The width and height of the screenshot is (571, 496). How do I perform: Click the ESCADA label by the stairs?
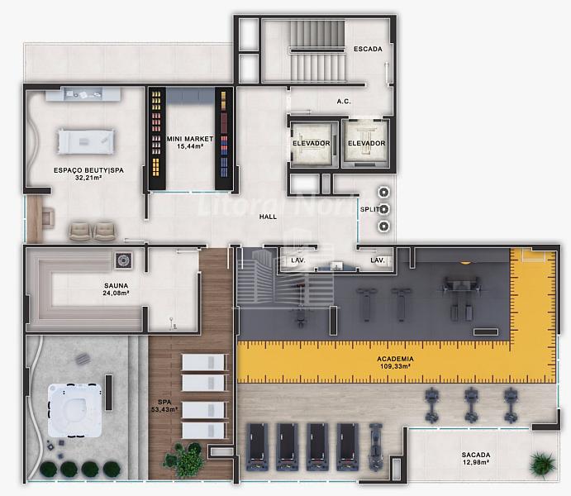368,49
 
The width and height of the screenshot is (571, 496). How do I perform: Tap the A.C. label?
344,101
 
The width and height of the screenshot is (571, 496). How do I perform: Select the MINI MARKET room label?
190,142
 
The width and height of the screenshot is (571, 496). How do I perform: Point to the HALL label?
268,217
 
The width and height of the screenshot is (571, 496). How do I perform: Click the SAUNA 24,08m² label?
117,289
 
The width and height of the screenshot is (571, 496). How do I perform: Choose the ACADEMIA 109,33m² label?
395,362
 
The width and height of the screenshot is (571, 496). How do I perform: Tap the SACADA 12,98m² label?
476,459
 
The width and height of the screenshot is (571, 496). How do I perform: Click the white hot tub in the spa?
74,410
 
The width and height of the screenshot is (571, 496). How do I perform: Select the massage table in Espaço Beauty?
86,141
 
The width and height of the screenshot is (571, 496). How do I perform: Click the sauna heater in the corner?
123,260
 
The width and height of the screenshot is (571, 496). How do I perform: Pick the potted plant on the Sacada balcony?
543,465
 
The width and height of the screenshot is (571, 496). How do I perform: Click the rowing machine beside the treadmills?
375,446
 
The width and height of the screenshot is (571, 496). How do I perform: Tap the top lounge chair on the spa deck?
205,362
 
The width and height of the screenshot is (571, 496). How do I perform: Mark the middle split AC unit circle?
383,209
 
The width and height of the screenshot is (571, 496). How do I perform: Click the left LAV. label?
297,260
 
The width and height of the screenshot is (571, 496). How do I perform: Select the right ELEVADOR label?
366,143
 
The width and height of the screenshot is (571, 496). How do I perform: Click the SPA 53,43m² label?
164,406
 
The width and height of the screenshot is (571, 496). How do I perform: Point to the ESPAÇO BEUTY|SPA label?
88,174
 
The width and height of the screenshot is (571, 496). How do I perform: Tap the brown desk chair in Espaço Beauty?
48,217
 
